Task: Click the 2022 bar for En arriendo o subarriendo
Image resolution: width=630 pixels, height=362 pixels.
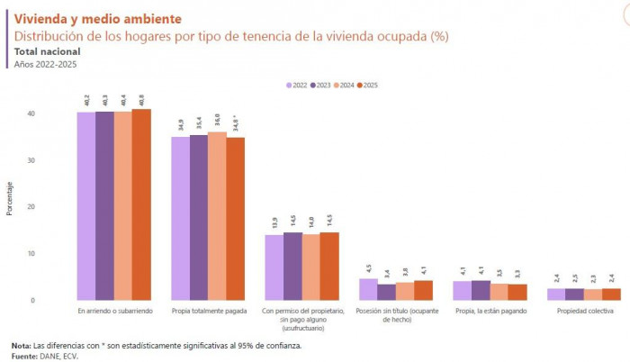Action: click(86, 206)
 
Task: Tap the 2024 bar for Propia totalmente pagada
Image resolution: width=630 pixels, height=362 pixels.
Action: click(217, 216)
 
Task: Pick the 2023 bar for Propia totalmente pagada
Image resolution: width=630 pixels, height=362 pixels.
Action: click(199, 217)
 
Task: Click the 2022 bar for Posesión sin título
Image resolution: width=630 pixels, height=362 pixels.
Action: click(368, 289)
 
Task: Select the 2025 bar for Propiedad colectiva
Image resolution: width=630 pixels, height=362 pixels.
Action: click(612, 294)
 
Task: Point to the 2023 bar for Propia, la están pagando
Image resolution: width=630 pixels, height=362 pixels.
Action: click(481, 290)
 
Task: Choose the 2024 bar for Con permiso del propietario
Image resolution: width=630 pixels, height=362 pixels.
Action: click(311, 267)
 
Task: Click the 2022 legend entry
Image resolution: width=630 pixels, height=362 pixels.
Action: click(297, 85)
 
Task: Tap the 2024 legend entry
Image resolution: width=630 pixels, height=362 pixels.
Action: click(343, 85)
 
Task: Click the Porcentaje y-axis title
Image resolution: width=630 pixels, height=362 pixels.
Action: click(10, 198)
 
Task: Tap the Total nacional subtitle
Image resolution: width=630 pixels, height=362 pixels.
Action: click(47, 52)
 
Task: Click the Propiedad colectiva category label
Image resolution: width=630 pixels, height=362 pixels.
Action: click(585, 311)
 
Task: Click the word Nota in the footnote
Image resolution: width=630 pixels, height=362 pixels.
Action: click(21, 345)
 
